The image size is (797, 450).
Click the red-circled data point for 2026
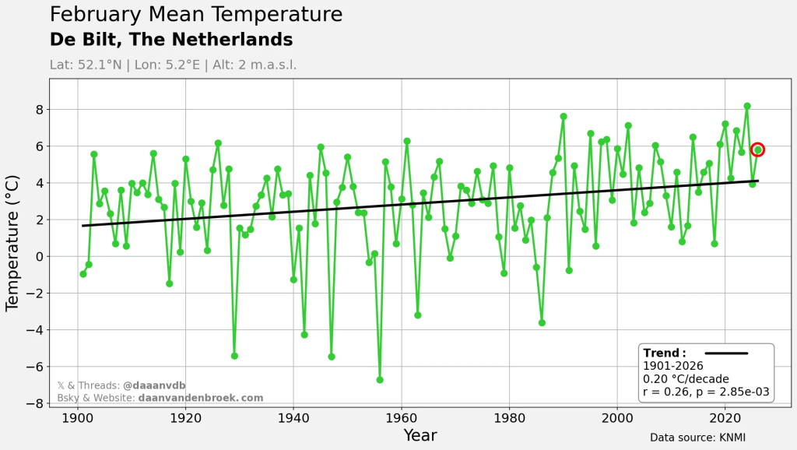[x=757, y=149]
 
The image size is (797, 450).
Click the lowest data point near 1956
[x=380, y=380]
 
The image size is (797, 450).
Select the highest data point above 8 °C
[x=747, y=106]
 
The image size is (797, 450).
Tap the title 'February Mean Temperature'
[x=195, y=15]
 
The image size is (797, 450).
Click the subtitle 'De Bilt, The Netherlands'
[x=171, y=40]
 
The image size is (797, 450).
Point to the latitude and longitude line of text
[x=173, y=65]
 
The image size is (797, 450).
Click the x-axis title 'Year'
[x=420, y=435]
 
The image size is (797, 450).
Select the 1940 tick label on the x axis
[x=293, y=418]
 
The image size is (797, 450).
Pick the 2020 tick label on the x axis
[x=725, y=418]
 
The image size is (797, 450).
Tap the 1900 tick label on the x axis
[x=77, y=418]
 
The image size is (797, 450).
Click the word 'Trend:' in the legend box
[x=664, y=353]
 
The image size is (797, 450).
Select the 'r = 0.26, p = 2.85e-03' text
[x=706, y=392]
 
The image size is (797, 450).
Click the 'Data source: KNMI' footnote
[x=697, y=438]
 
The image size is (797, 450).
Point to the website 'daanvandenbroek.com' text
[x=201, y=398]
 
